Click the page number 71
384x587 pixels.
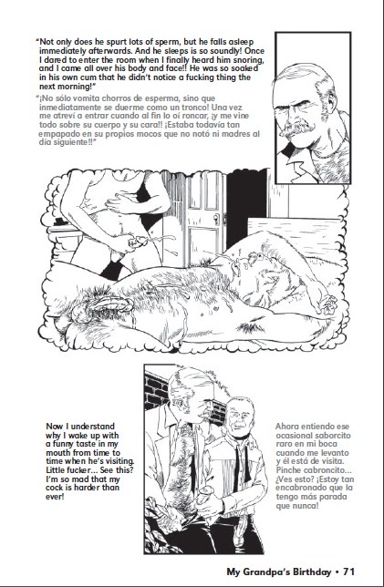[348, 572]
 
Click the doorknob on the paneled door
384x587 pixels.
[216, 217]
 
